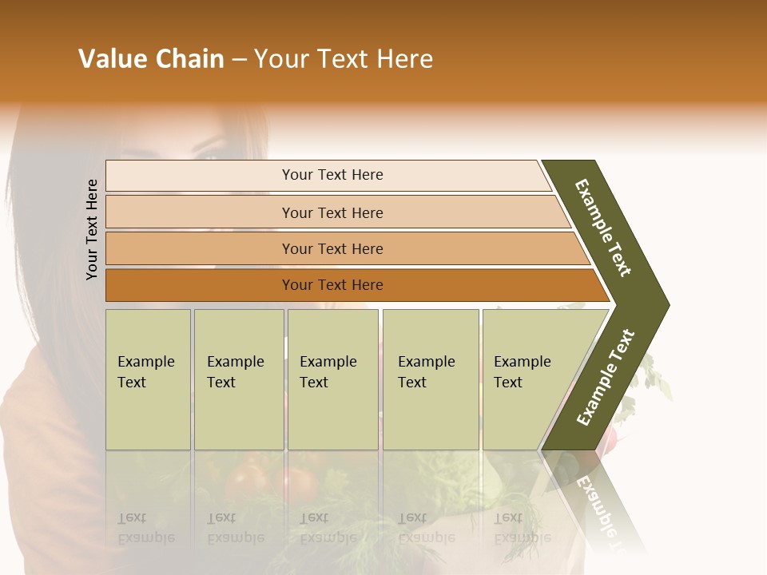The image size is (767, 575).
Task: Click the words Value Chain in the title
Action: click(x=151, y=59)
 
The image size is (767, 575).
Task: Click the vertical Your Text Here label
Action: click(x=92, y=229)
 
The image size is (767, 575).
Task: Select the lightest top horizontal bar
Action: click(x=200, y=176)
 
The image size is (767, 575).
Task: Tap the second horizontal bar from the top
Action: click(x=200, y=212)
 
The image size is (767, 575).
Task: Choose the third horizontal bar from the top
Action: click(x=200, y=248)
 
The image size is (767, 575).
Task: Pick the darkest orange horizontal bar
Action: click(x=200, y=285)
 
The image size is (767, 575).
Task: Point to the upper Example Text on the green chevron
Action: click(x=603, y=228)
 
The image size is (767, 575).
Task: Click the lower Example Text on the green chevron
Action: click(x=606, y=377)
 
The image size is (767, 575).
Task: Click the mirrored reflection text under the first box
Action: click(x=145, y=528)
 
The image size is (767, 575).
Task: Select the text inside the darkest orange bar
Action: click(x=332, y=285)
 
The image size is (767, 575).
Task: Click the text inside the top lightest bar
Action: click(x=332, y=175)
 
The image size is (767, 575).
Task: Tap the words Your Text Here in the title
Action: click(x=344, y=59)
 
